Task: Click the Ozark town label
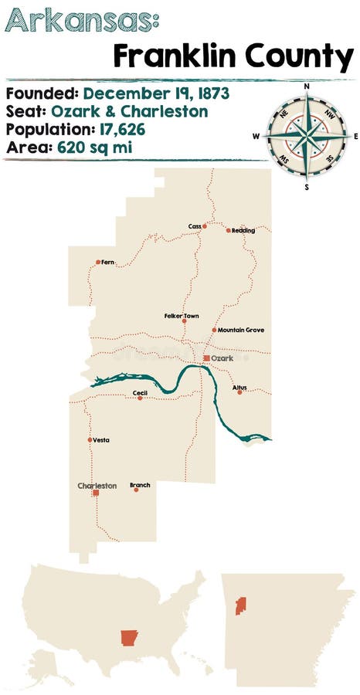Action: pos(223,358)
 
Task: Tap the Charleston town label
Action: pos(97,486)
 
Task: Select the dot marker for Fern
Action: pos(98,263)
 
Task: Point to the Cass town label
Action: pos(194,226)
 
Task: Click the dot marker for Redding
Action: pos(228,230)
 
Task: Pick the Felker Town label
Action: pos(182,315)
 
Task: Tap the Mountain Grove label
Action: pos(240,330)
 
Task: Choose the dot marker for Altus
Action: pos(239,392)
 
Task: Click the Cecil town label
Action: pos(140,392)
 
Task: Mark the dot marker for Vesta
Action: pos(90,440)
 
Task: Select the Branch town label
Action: pos(140,484)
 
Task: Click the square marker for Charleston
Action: pos(96,493)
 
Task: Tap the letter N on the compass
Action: pos(307,86)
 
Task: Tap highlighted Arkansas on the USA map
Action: pos(128,638)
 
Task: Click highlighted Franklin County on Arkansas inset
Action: pos(240,606)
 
